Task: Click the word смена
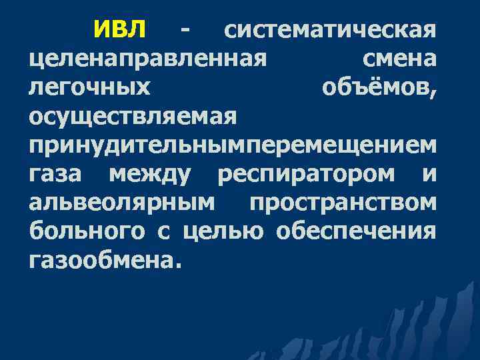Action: [x=399, y=60]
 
